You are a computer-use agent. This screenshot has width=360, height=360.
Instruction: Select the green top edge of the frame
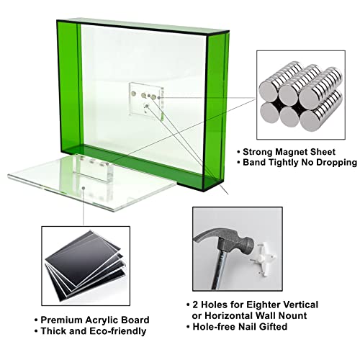click(137, 21)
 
